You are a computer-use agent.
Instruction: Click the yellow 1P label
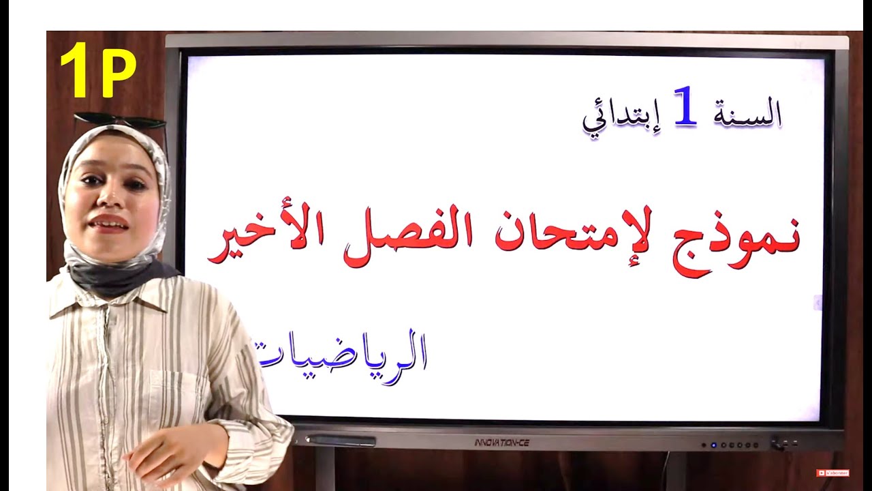pos(97,70)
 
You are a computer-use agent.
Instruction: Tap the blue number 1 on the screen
pos(685,108)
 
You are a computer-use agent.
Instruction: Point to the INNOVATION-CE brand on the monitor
pos(501,443)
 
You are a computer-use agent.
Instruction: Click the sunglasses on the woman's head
pos(121,121)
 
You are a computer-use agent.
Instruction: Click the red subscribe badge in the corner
pos(832,473)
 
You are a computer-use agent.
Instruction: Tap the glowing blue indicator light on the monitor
pos(713,445)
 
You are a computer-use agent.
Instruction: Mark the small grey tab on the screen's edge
pos(818,303)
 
